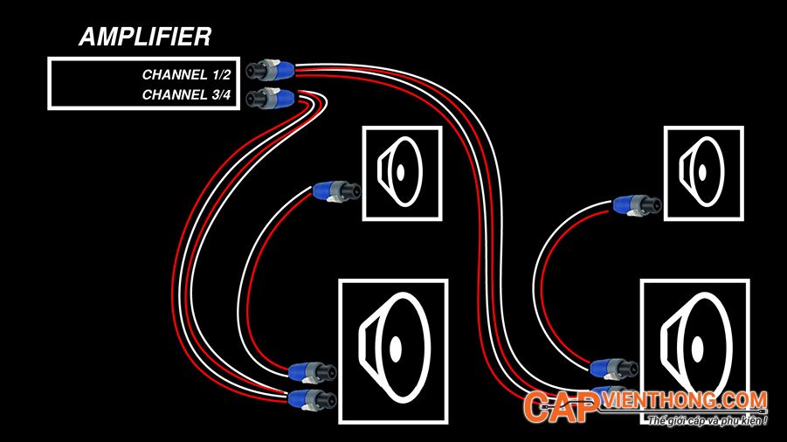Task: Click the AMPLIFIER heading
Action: (143, 37)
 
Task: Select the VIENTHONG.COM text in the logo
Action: (686, 401)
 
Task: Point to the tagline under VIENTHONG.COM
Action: (708, 422)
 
